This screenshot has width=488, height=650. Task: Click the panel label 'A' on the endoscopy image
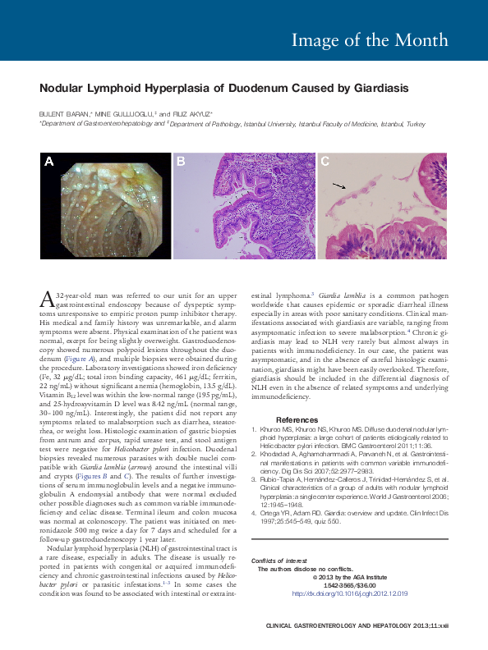pos(49,162)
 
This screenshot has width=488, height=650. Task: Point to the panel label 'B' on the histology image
pos(181,162)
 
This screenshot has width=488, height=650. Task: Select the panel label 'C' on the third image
pos(325,162)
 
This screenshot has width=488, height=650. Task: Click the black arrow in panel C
pos(338,187)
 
